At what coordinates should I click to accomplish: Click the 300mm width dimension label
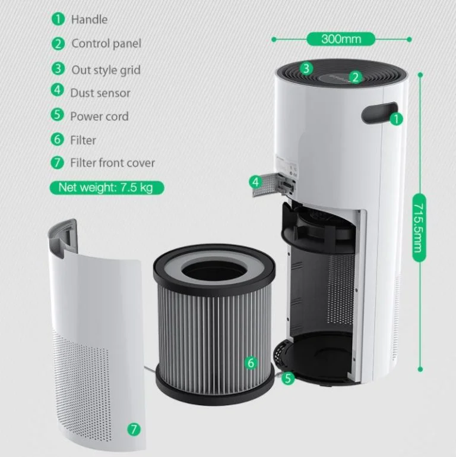click(x=341, y=39)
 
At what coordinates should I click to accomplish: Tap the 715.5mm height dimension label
click(x=419, y=228)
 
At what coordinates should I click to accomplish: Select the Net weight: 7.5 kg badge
click(x=107, y=187)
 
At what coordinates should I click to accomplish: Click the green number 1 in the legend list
click(x=58, y=19)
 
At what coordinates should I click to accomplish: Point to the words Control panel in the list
click(x=106, y=44)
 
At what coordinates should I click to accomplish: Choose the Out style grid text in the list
click(x=106, y=70)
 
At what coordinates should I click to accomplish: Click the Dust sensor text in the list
click(x=100, y=93)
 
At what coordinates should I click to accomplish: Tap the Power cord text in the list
click(x=99, y=116)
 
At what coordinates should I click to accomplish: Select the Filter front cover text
click(x=112, y=163)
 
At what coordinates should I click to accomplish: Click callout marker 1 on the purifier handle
click(x=396, y=119)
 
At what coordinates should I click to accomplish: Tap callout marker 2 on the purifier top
click(x=355, y=77)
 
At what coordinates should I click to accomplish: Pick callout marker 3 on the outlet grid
click(x=306, y=68)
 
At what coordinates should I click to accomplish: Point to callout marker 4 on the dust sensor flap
click(x=255, y=182)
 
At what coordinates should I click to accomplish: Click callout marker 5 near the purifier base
click(x=288, y=378)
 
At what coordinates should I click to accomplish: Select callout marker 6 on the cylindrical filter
click(x=251, y=363)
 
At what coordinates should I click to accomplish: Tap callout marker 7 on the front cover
click(x=134, y=429)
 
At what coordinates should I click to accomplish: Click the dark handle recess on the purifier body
click(x=379, y=112)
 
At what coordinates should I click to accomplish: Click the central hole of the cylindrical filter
click(x=214, y=273)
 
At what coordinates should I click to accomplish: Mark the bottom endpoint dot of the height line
click(x=420, y=369)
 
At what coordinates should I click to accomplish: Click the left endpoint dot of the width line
click(x=274, y=39)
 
